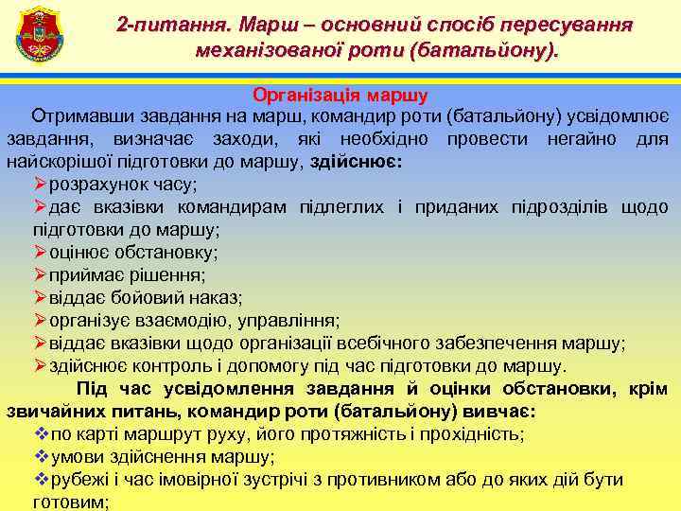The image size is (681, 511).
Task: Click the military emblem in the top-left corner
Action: [38, 35]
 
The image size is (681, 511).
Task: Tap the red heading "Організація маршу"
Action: [340, 96]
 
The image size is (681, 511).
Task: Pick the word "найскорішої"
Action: [55, 161]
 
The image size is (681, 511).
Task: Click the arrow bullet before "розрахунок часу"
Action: [40, 184]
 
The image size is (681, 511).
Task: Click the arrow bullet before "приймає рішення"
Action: [40, 274]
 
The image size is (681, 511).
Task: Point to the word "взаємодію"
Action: [176, 320]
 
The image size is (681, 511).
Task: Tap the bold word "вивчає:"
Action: [501, 412]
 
